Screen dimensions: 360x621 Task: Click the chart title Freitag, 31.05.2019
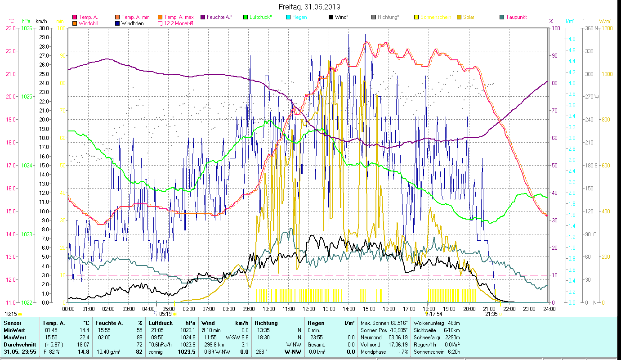coord(309,7)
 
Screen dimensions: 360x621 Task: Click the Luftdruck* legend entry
coord(260,17)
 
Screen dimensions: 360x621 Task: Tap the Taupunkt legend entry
coord(516,17)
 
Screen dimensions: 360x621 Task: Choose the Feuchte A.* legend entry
coord(219,17)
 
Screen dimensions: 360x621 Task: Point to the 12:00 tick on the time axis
coord(309,309)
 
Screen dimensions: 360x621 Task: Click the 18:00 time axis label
coord(429,309)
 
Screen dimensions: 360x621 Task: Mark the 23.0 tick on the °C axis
coord(11,28)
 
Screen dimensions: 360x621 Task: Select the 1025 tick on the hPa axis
coord(27,97)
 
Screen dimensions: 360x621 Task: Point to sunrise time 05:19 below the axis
coord(165,314)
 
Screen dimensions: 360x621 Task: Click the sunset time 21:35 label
coord(491,314)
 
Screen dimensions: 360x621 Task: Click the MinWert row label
coord(14,330)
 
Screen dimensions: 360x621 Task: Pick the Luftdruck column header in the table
coord(160,323)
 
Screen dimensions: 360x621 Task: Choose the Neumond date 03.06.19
coord(397,337)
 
